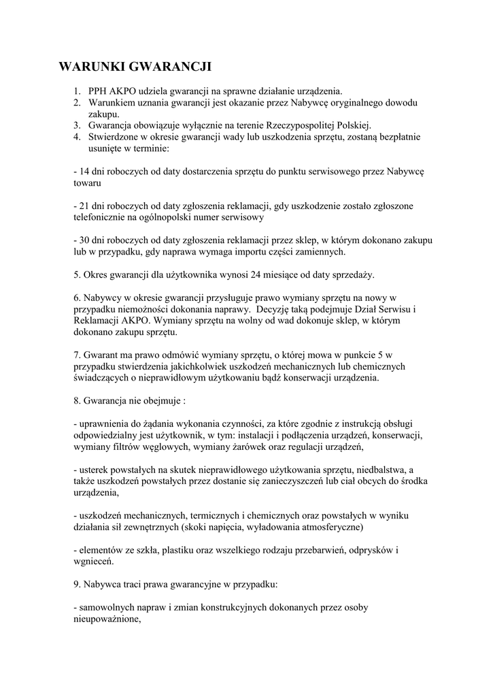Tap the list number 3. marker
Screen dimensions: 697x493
tap(78, 126)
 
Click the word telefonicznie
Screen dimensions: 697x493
tap(101, 218)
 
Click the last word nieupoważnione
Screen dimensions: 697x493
tap(105, 619)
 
